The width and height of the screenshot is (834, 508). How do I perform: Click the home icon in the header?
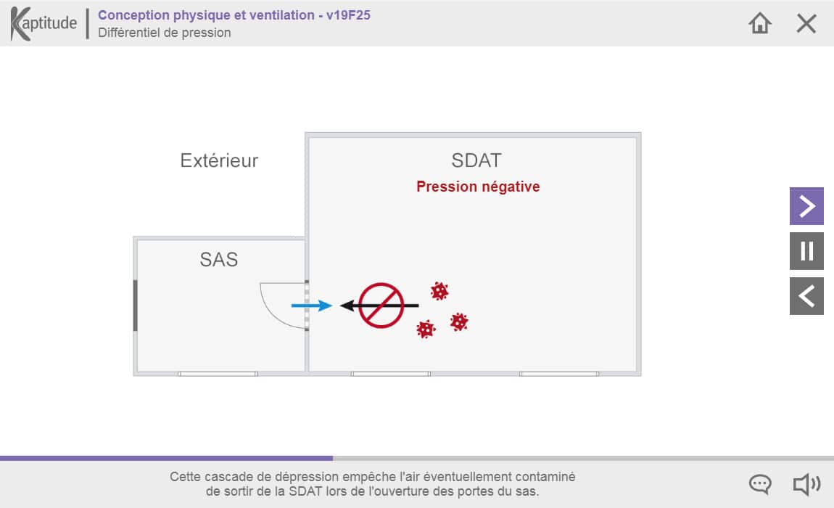tap(759, 23)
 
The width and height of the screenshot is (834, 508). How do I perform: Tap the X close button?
tap(806, 23)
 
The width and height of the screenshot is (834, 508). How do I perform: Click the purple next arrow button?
tap(806, 206)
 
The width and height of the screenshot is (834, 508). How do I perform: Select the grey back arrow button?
tap(806, 296)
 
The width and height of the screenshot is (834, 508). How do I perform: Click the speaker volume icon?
tap(807, 484)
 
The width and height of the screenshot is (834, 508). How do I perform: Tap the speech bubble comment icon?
tap(760, 484)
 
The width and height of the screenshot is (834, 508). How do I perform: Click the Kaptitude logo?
tap(44, 23)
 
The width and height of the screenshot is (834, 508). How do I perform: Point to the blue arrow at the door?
tap(312, 306)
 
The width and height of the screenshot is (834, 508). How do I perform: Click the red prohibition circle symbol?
tap(381, 305)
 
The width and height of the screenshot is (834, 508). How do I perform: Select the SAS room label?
tap(218, 259)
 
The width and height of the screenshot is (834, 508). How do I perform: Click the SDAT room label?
tap(476, 160)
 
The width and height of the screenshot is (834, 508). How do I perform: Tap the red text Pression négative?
tap(478, 187)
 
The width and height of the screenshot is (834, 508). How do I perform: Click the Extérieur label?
tap(219, 160)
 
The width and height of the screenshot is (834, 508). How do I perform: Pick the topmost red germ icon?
tap(439, 291)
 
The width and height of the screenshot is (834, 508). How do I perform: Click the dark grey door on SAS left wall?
tap(135, 305)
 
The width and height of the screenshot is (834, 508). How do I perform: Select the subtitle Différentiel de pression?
tap(165, 33)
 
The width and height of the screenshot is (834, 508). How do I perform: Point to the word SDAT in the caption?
tap(305, 491)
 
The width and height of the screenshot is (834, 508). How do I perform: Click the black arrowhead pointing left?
tap(347, 306)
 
